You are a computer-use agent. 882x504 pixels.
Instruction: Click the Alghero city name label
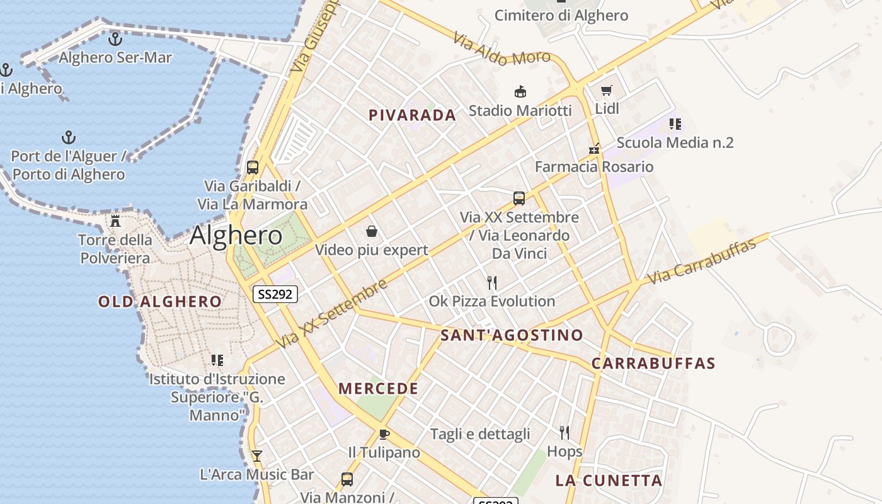point(236,236)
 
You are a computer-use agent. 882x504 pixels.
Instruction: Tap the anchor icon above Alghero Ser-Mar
point(115,40)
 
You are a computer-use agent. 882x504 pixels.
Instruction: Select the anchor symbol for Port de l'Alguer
point(68,137)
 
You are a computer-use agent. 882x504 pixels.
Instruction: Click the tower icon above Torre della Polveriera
point(115,221)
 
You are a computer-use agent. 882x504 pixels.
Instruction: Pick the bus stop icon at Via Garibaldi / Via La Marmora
point(253,168)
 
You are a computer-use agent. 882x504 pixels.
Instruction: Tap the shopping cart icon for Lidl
point(607,91)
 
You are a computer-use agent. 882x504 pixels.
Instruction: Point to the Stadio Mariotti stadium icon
point(520,92)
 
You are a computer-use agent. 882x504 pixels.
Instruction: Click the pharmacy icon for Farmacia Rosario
point(593,149)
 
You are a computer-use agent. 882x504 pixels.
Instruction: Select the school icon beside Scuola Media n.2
point(675,124)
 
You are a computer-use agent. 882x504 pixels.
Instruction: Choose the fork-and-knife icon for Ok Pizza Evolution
point(492,282)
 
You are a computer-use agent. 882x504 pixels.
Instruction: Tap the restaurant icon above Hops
point(564,433)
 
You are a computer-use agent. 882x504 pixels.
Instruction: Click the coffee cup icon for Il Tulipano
point(384,434)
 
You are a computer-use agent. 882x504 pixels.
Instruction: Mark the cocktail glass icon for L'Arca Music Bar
point(256,455)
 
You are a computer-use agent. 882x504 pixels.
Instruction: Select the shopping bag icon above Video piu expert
point(372,231)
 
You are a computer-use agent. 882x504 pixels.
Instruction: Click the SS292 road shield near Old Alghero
point(275,294)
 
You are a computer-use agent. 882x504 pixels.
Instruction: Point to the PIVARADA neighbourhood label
point(412,115)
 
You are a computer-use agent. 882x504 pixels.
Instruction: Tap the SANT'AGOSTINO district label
point(512,335)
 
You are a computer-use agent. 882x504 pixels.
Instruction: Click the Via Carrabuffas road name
point(701,261)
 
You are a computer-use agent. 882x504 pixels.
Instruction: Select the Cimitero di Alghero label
point(561,16)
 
